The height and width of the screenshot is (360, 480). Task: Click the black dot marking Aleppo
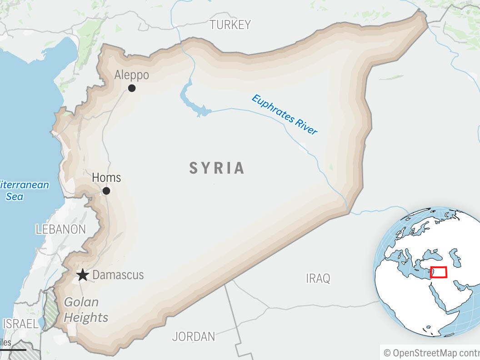132,88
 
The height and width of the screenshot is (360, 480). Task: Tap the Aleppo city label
131,75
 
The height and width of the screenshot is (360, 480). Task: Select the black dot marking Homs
106,191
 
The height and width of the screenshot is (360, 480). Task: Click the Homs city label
106,177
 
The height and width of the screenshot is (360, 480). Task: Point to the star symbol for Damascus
82,275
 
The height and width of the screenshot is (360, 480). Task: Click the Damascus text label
118,275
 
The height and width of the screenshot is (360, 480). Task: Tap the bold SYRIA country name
217,168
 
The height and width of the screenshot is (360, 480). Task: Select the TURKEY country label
230,25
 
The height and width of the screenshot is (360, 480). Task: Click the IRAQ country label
318,278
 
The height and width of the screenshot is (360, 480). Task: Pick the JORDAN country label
194,337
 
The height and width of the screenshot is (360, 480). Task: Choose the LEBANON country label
60,230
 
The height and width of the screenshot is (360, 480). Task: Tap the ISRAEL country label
20,324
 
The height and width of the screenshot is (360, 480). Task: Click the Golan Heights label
85,310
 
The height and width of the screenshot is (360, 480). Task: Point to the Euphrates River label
284,115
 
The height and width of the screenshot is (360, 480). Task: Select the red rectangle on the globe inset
439,272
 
